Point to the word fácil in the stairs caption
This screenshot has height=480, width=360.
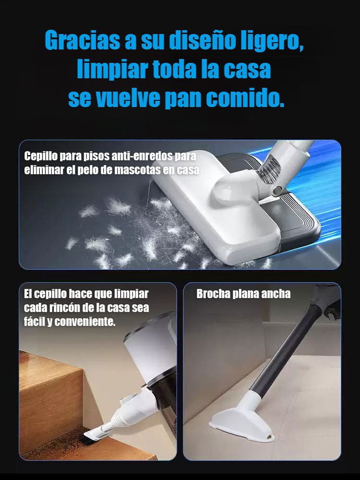pyautogui.click(x=34, y=322)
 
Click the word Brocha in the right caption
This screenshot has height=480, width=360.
pyautogui.click(x=213, y=294)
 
